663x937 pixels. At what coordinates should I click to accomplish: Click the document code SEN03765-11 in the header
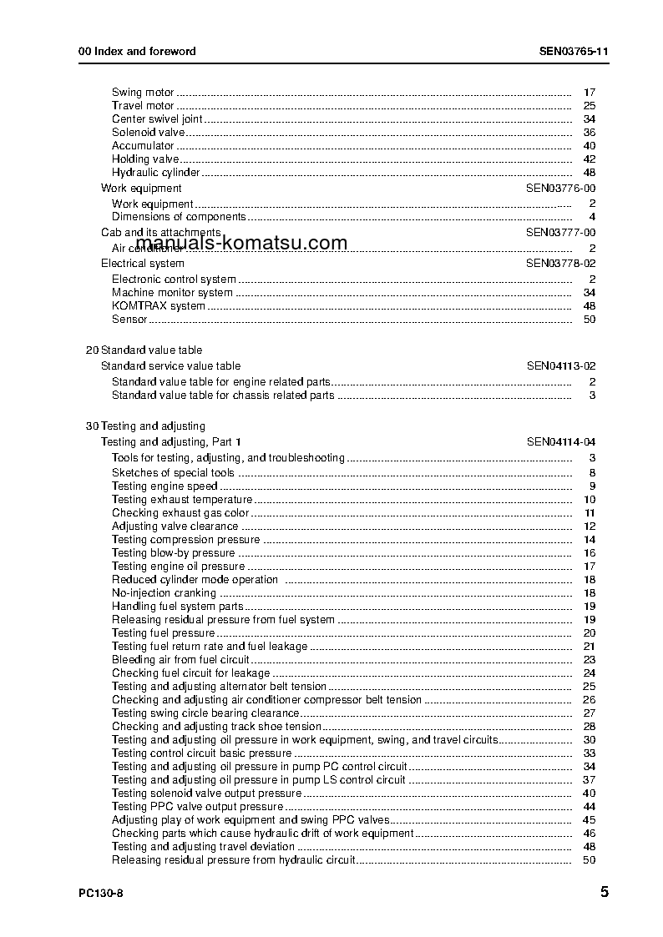click(x=574, y=51)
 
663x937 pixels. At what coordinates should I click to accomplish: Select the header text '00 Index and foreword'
click(x=137, y=51)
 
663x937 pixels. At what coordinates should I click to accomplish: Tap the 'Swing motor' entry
click(x=143, y=93)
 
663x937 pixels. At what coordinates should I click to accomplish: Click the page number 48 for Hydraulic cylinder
click(x=589, y=173)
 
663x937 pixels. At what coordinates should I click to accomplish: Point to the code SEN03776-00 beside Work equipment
click(x=560, y=189)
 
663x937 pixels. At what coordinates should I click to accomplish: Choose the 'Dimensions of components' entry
click(x=179, y=217)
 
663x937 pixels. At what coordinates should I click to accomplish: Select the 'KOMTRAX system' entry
click(x=159, y=306)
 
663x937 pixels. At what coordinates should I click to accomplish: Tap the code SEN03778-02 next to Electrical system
click(x=560, y=264)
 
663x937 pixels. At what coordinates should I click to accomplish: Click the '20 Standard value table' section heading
click(x=144, y=350)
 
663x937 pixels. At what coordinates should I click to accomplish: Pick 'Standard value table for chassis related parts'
click(x=223, y=395)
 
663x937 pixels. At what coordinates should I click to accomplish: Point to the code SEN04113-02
click(x=560, y=366)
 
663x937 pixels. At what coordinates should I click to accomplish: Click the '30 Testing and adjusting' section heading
click(x=145, y=426)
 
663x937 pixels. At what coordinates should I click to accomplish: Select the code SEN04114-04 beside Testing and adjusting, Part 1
click(x=560, y=442)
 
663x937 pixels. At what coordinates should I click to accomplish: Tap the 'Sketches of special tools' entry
click(x=173, y=473)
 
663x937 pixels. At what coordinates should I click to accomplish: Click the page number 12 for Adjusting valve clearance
click(x=589, y=526)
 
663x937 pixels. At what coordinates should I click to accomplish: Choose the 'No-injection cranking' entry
click(x=164, y=593)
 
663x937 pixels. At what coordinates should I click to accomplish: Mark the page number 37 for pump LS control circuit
click(x=589, y=780)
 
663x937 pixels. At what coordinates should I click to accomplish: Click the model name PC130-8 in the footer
click(x=101, y=893)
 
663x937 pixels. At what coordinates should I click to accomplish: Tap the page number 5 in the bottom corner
click(x=604, y=892)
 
